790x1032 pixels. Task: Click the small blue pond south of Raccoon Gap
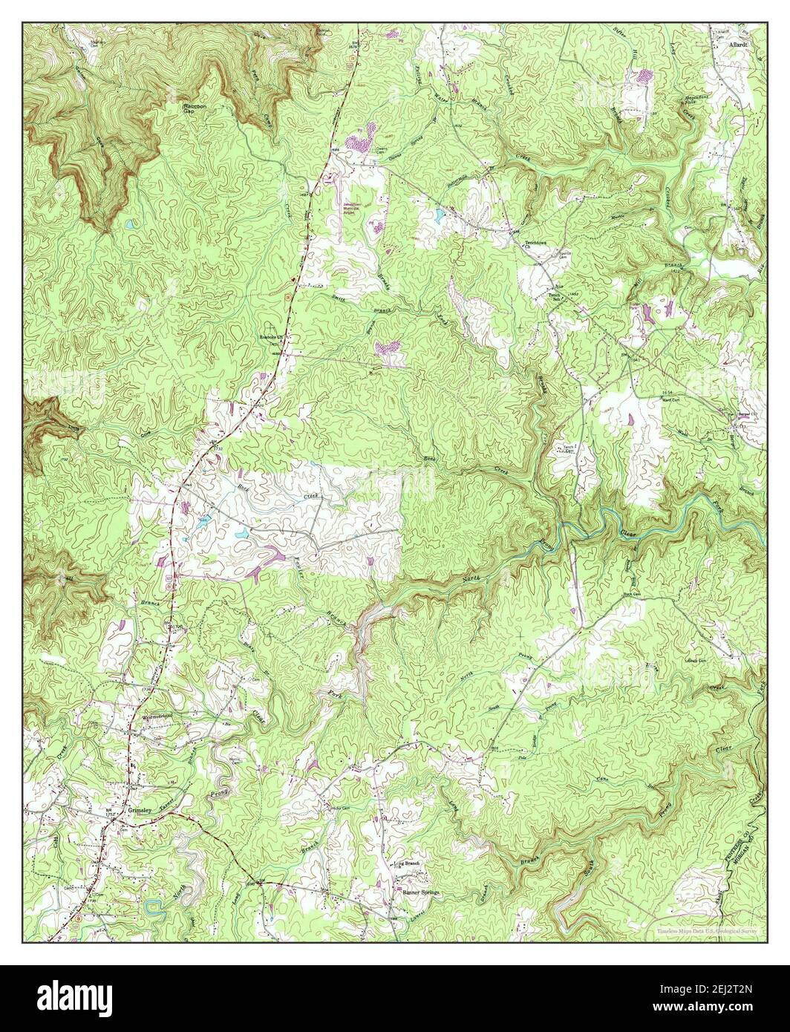131,223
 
